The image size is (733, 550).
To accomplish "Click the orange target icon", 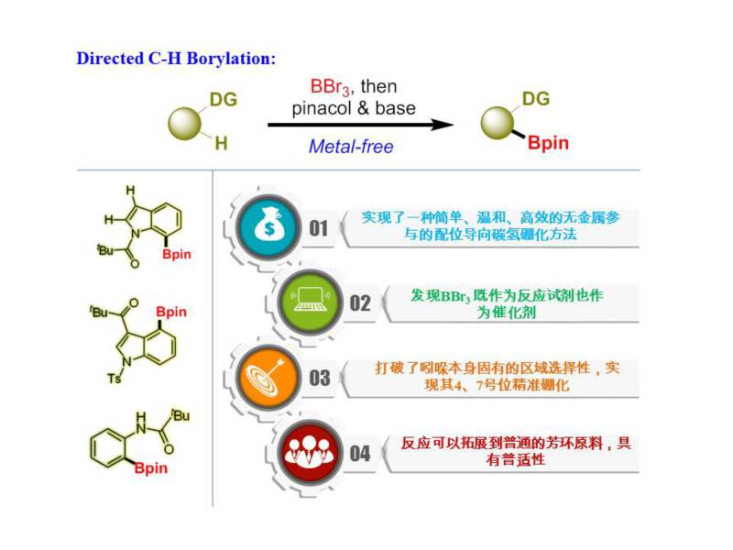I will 260,376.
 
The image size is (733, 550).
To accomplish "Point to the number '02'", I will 361,302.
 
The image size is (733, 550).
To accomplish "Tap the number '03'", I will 319,377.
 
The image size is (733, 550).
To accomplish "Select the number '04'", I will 360,452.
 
